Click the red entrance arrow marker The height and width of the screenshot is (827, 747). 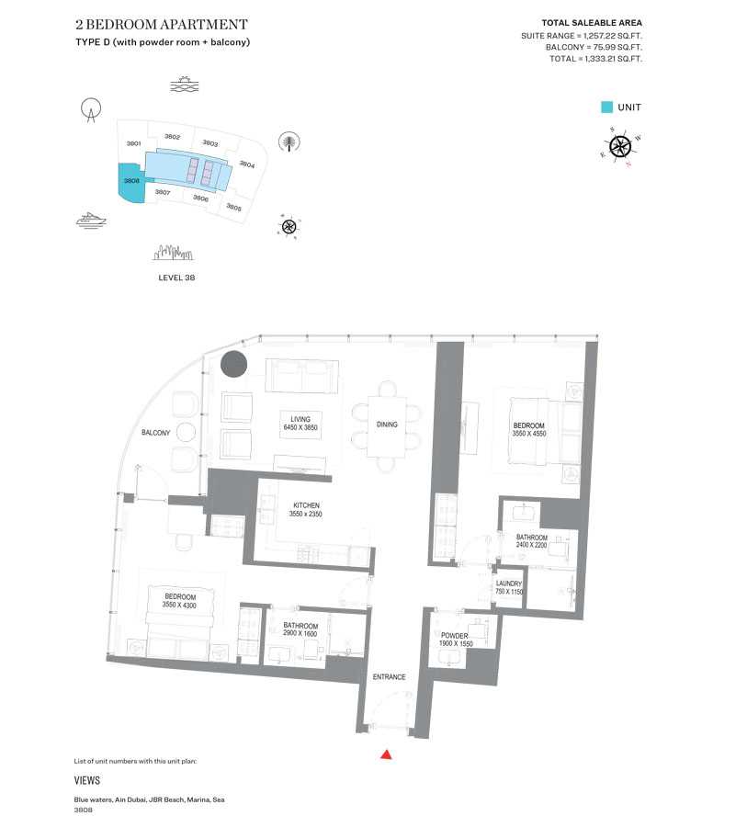click(387, 754)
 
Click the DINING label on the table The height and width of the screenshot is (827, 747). click(387, 425)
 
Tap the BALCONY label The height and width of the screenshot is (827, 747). click(154, 432)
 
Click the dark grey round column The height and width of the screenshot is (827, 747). click(234, 364)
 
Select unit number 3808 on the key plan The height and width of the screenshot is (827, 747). click(131, 181)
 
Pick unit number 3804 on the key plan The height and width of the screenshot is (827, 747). click(246, 164)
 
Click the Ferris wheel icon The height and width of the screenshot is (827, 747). click(90, 111)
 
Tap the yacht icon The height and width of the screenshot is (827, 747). click(92, 220)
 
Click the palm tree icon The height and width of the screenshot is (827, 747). click(289, 142)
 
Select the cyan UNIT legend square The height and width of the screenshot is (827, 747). click(606, 107)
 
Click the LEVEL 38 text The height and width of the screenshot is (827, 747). click(176, 277)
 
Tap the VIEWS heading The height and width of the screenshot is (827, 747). click(87, 780)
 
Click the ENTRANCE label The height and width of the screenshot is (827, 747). click(389, 677)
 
